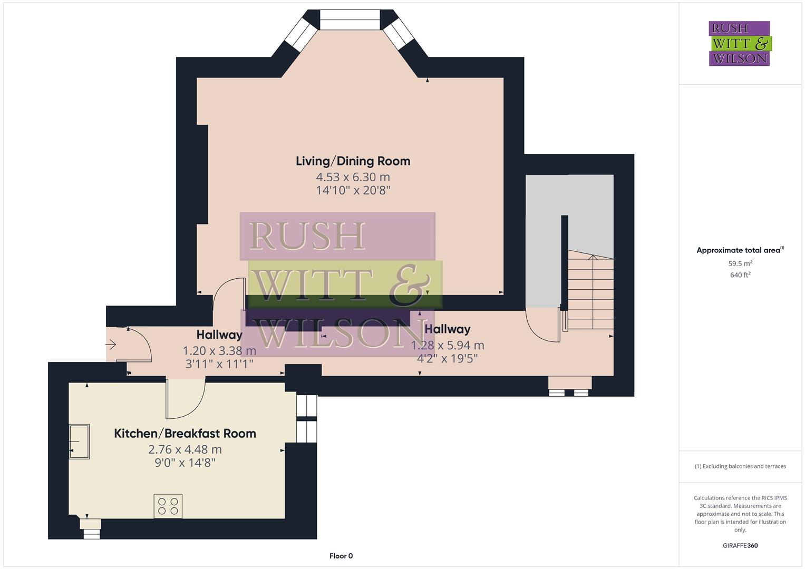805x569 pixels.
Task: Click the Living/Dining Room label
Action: [x=353, y=161]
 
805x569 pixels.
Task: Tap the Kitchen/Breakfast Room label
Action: [x=185, y=434]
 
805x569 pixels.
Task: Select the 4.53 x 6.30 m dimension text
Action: [x=353, y=177]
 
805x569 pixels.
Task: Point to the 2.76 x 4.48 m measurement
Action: [x=185, y=450]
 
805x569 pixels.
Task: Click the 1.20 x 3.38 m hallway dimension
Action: [x=219, y=351]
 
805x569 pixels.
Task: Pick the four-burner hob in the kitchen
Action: [x=168, y=506]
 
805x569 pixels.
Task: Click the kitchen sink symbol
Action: [x=79, y=442]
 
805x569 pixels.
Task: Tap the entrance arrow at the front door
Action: [x=111, y=345]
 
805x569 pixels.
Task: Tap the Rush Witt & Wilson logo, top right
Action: [x=739, y=43]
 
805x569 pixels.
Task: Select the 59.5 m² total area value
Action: [x=740, y=263]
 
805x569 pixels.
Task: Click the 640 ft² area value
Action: [x=740, y=275]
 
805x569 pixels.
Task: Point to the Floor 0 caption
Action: [x=341, y=556]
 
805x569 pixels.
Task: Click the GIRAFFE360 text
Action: [x=740, y=545]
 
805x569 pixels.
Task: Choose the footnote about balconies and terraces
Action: [x=740, y=466]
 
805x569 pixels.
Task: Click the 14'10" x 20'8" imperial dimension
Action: [x=353, y=191]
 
